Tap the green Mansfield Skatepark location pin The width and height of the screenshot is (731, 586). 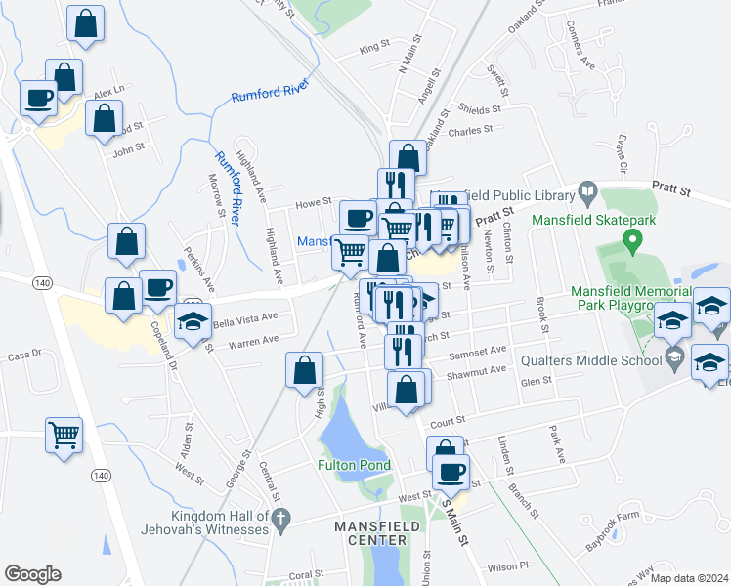coord(632,238)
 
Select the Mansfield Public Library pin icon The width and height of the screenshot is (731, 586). coord(587,191)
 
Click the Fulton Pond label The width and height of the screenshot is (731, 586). coord(354,465)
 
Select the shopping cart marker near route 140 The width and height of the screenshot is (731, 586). coord(64,435)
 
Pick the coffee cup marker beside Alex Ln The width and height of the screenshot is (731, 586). coord(40,98)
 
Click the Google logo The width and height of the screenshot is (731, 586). coord(32,573)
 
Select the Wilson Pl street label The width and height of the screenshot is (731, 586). coord(508,565)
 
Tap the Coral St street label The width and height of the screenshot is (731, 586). coord(306,574)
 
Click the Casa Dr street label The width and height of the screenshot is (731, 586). coord(23,356)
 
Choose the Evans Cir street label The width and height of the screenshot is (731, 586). coord(620,150)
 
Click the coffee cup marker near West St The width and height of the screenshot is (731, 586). coord(451,474)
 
